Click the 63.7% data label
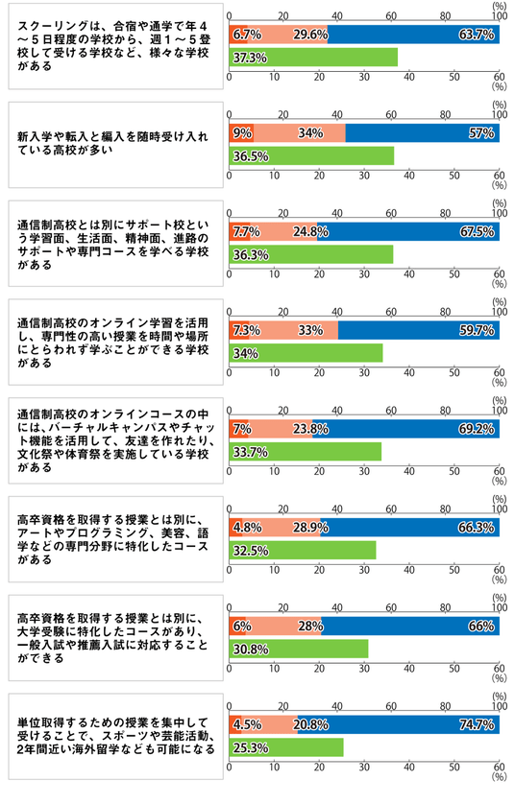tap(477, 35)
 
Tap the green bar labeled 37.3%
tap(313, 57)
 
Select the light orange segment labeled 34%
tap(300, 132)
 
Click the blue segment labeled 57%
tap(423, 132)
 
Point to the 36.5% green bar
tap(311, 155)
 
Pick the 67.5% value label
tap(477, 232)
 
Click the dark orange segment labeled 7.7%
tap(239, 232)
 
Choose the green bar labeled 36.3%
tap(310, 254)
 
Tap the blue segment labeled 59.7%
tap(419, 330)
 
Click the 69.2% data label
tap(477, 429)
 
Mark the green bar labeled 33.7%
tap(305, 452)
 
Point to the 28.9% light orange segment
tap(282, 527)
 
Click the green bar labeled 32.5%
tap(303, 550)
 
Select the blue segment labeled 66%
tap(410, 627)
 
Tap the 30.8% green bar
tap(298, 649)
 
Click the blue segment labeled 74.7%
tap(399, 724)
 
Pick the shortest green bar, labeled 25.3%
tap(286, 747)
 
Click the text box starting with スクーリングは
tap(116, 46)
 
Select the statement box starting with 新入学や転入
tap(116, 145)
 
